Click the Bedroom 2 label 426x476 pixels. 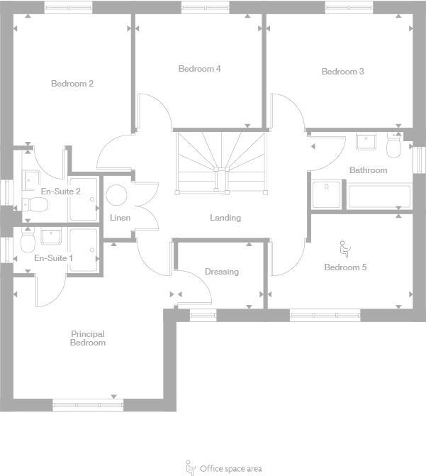(x=72, y=84)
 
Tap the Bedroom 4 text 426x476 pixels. (x=199, y=69)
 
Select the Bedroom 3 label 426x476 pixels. (x=342, y=72)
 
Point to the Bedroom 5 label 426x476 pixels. (x=345, y=267)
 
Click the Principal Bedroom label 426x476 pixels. (x=88, y=338)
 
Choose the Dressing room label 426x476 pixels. (x=221, y=272)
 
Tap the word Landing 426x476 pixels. (x=225, y=218)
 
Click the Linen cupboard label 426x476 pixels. (x=120, y=217)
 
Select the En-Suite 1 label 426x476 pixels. (x=54, y=258)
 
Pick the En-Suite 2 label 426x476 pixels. (x=60, y=192)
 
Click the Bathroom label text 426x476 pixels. (x=368, y=170)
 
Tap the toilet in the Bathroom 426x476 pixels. (x=393, y=147)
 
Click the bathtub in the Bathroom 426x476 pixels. (x=379, y=196)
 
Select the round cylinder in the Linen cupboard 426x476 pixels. (x=116, y=194)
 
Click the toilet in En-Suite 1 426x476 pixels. (x=28, y=243)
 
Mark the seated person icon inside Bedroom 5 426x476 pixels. (x=344, y=248)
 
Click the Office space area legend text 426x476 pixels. (x=230, y=468)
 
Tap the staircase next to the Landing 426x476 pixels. (x=222, y=162)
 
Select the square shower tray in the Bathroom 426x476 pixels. (x=327, y=196)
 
